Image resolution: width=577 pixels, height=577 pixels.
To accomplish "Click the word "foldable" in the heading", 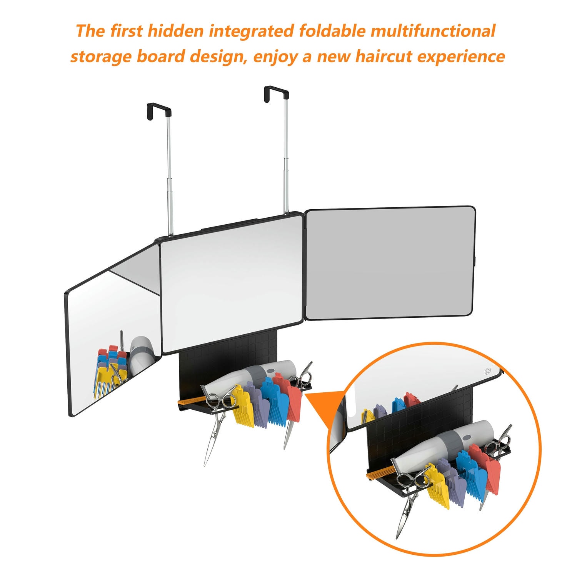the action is (x=332, y=31).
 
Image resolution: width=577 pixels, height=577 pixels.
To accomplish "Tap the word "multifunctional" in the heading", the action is (x=433, y=31).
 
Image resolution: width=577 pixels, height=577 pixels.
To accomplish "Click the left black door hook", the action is (x=159, y=111).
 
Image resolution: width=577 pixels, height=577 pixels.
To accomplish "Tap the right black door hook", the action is (x=277, y=94).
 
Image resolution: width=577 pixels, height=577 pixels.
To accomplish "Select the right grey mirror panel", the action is (x=390, y=264).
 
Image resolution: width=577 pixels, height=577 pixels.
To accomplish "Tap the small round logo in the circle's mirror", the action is (x=488, y=371).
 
